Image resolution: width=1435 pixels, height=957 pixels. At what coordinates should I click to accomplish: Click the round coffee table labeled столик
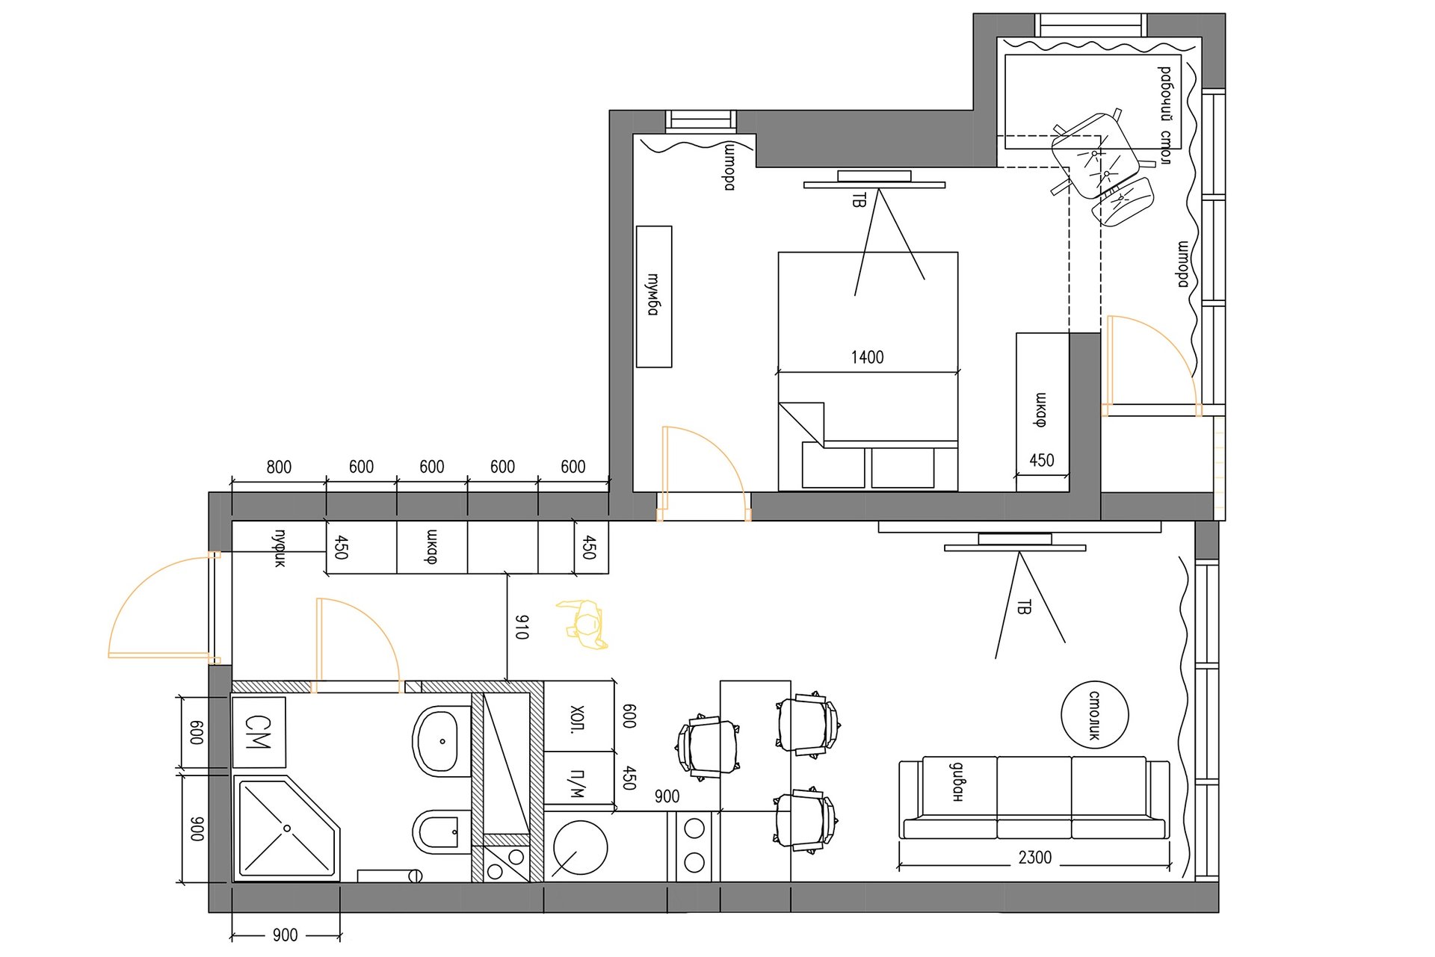tap(1094, 715)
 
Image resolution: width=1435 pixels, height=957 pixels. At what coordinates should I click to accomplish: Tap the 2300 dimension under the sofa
tap(1034, 858)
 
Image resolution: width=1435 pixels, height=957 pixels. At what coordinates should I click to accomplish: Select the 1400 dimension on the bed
tap(867, 357)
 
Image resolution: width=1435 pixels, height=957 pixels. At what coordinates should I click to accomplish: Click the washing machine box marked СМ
tap(259, 732)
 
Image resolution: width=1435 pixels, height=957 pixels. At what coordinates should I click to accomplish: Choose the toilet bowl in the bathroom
tap(442, 831)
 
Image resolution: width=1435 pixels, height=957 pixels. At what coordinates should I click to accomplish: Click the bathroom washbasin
tap(442, 741)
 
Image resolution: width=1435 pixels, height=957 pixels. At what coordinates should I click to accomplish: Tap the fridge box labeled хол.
tap(578, 716)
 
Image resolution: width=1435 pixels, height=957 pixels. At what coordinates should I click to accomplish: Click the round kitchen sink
tap(579, 848)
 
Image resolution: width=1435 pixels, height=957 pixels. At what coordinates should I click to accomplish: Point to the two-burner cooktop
tap(694, 846)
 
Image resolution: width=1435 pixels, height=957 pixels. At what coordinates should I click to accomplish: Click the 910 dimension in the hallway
tap(522, 627)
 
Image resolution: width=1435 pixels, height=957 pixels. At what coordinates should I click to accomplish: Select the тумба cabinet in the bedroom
tap(654, 297)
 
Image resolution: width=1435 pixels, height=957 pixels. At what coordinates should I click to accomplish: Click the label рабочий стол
tap(1165, 115)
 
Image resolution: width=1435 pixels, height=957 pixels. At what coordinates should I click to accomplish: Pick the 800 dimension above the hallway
tap(279, 467)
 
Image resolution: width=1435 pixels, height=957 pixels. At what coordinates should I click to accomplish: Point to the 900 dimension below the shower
tap(285, 935)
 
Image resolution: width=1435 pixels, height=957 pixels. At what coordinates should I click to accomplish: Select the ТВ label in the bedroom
tap(860, 199)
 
